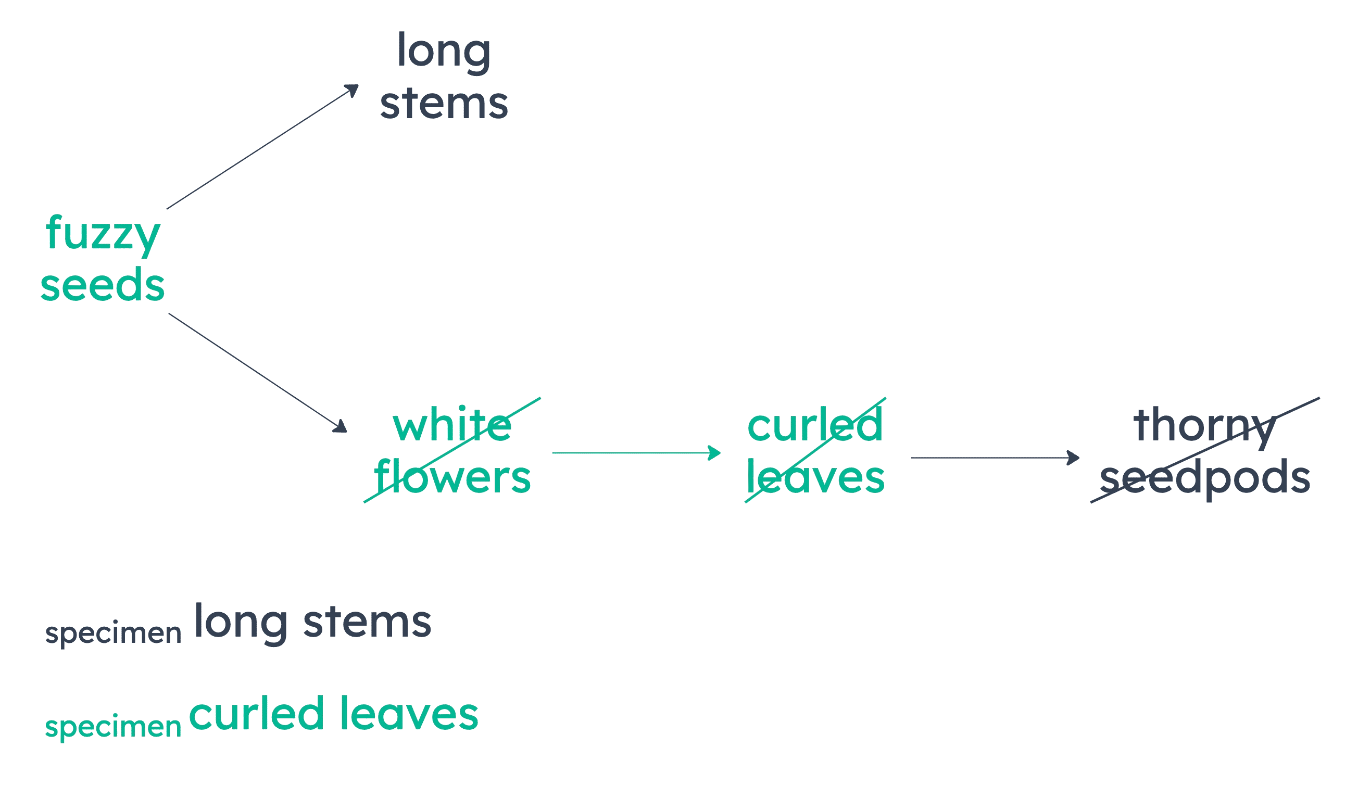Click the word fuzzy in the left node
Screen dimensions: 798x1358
103,234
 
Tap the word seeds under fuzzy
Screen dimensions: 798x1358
103,285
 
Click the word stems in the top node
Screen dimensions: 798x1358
444,104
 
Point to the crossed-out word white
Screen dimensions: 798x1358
452,426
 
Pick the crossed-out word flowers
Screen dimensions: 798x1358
452,477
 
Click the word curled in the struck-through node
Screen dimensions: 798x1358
815,426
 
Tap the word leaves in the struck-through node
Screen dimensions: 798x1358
815,477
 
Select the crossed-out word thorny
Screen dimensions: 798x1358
1205,426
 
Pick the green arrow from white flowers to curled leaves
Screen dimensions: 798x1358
636,452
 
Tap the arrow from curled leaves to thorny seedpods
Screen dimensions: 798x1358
995,458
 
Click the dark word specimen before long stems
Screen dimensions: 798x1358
113,634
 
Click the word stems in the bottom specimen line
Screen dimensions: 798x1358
367,623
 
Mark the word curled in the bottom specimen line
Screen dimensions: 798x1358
256,714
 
